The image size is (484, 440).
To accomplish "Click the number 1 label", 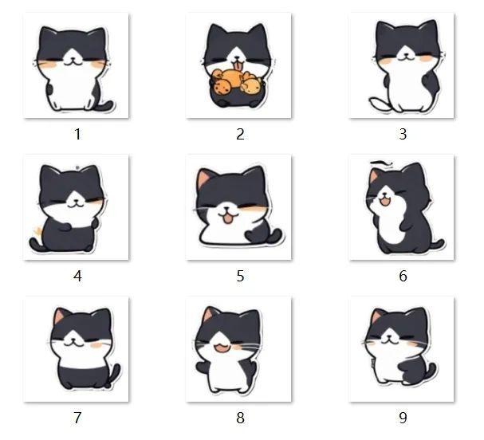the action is [77, 134].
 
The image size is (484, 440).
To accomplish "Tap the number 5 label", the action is [240, 276].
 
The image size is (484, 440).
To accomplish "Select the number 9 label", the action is [403, 418].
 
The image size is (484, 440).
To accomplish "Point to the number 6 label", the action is [403, 276].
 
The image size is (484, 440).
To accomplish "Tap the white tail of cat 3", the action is [380, 104].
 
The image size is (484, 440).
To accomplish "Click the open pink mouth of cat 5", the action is [227, 218].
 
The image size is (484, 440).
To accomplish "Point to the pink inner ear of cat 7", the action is [60, 316].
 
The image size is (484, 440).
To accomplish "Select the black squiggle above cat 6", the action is [381, 163].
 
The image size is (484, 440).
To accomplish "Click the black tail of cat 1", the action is [106, 106].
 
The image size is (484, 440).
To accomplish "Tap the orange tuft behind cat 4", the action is [38, 231].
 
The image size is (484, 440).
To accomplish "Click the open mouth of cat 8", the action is [223, 348].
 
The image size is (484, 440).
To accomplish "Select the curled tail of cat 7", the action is [115, 375].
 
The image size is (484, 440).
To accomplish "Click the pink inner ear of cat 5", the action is [203, 178].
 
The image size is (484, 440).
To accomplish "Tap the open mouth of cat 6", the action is [384, 202].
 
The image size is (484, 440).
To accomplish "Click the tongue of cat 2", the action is [238, 65].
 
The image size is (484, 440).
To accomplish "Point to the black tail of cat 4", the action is [36, 243].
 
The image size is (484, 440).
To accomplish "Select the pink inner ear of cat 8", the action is [208, 315].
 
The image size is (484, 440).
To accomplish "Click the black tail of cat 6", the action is [438, 245].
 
